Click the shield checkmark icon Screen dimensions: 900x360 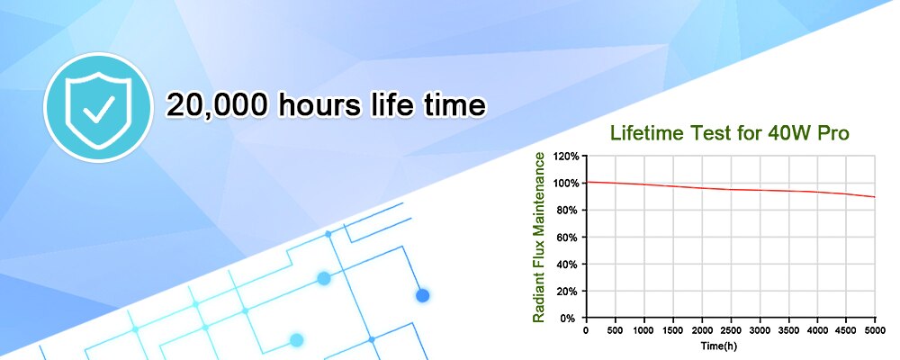coord(98,107)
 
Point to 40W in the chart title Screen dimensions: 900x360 coord(780,133)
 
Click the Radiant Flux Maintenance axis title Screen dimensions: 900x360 coord(538,237)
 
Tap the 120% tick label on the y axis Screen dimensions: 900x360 coord(566,157)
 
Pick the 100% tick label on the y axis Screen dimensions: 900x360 coord(566,184)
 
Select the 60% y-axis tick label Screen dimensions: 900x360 coord(569,237)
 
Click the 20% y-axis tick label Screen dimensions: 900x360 coord(569,291)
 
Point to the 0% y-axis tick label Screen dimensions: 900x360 coord(571,318)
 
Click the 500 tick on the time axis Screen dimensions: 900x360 coord(616,330)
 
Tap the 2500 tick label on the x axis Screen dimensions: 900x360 coord(731,330)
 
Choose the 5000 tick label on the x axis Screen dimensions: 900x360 coord(875,330)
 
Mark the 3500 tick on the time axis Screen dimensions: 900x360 coord(788,330)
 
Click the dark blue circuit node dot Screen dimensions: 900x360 coord(423,296)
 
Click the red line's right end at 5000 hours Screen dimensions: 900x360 coord(875,197)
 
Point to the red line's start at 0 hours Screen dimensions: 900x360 coord(587,182)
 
